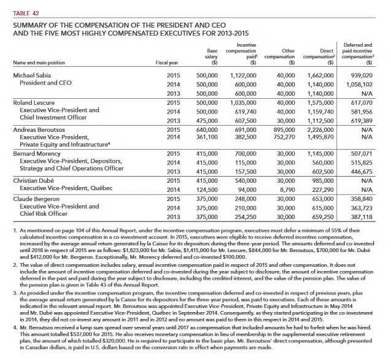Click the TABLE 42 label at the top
click(x=21, y=5)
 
